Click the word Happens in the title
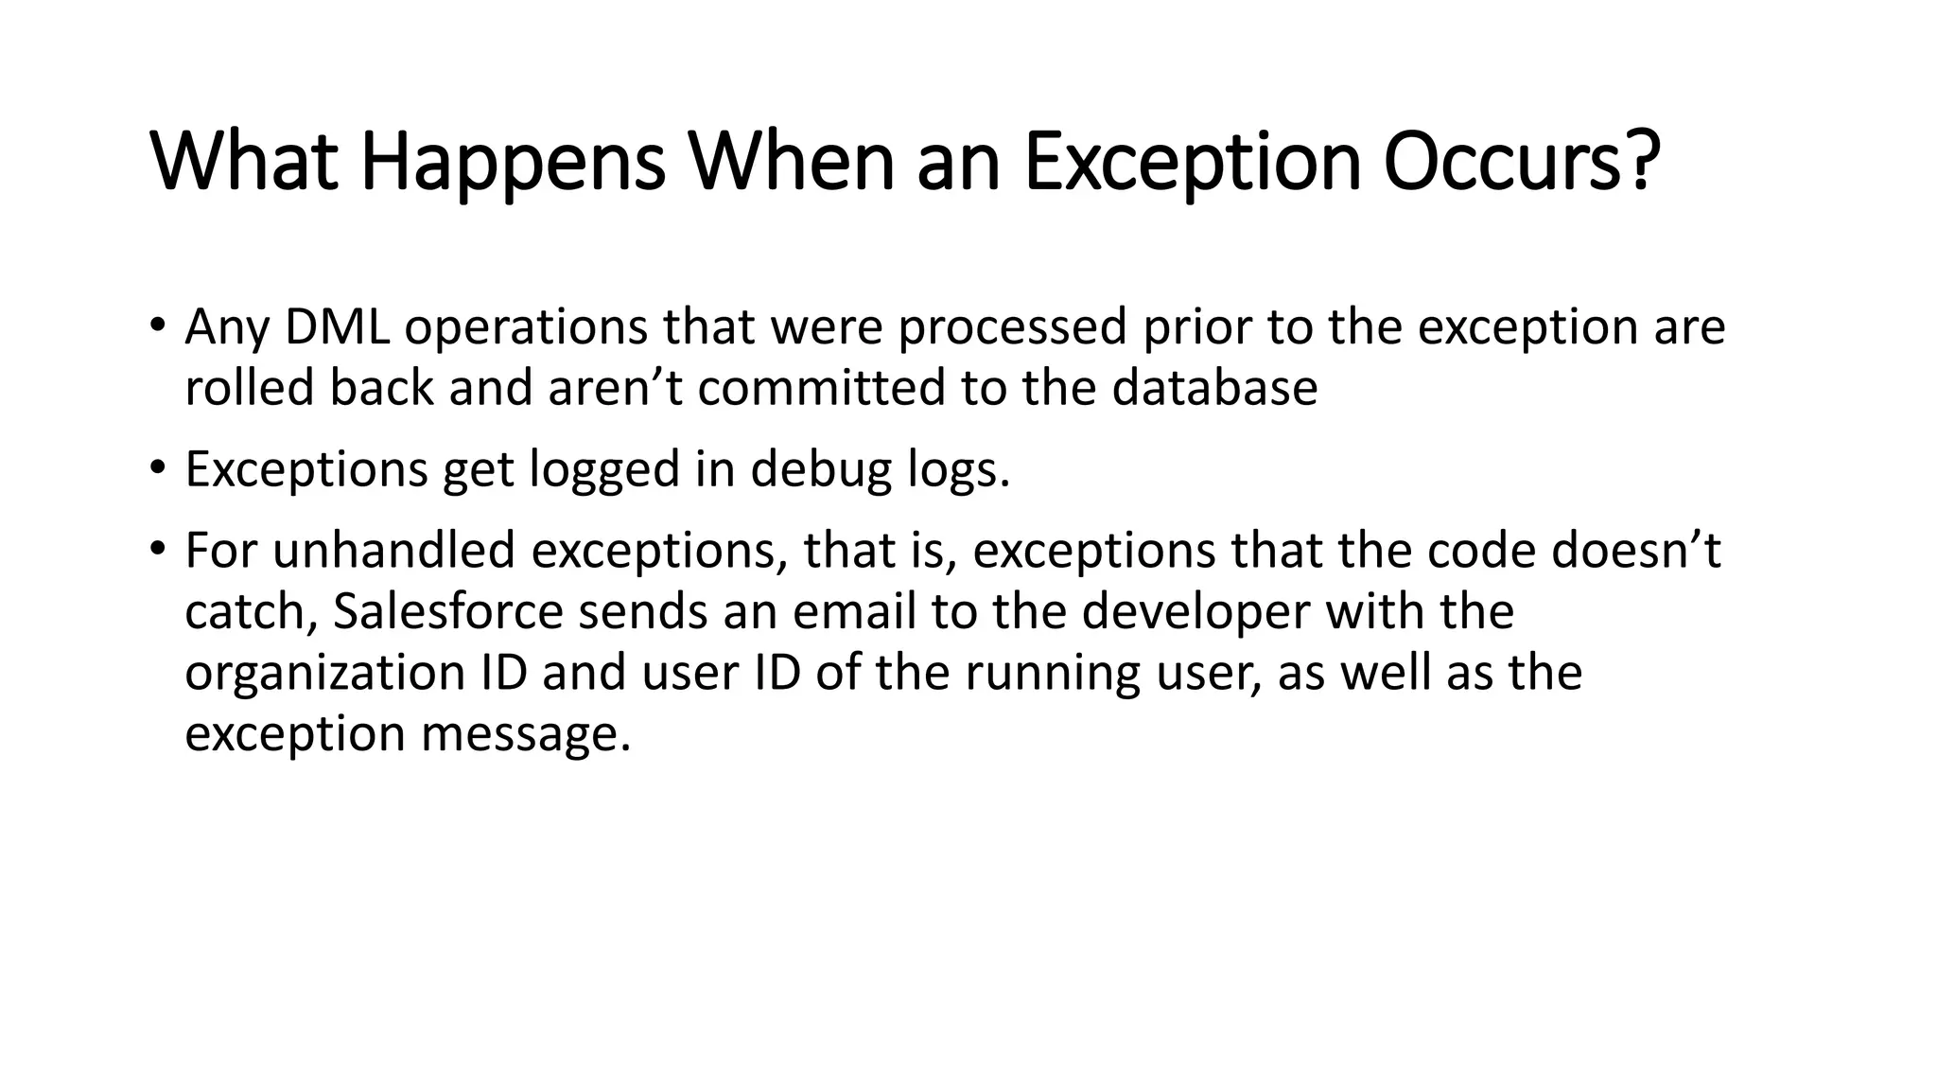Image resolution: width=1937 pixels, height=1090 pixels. click(513, 163)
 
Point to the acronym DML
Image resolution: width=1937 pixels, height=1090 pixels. click(337, 327)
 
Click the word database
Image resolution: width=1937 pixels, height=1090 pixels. click(1214, 388)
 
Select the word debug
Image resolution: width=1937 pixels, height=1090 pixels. click(821, 469)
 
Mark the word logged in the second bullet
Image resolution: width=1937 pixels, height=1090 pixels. click(605, 469)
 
